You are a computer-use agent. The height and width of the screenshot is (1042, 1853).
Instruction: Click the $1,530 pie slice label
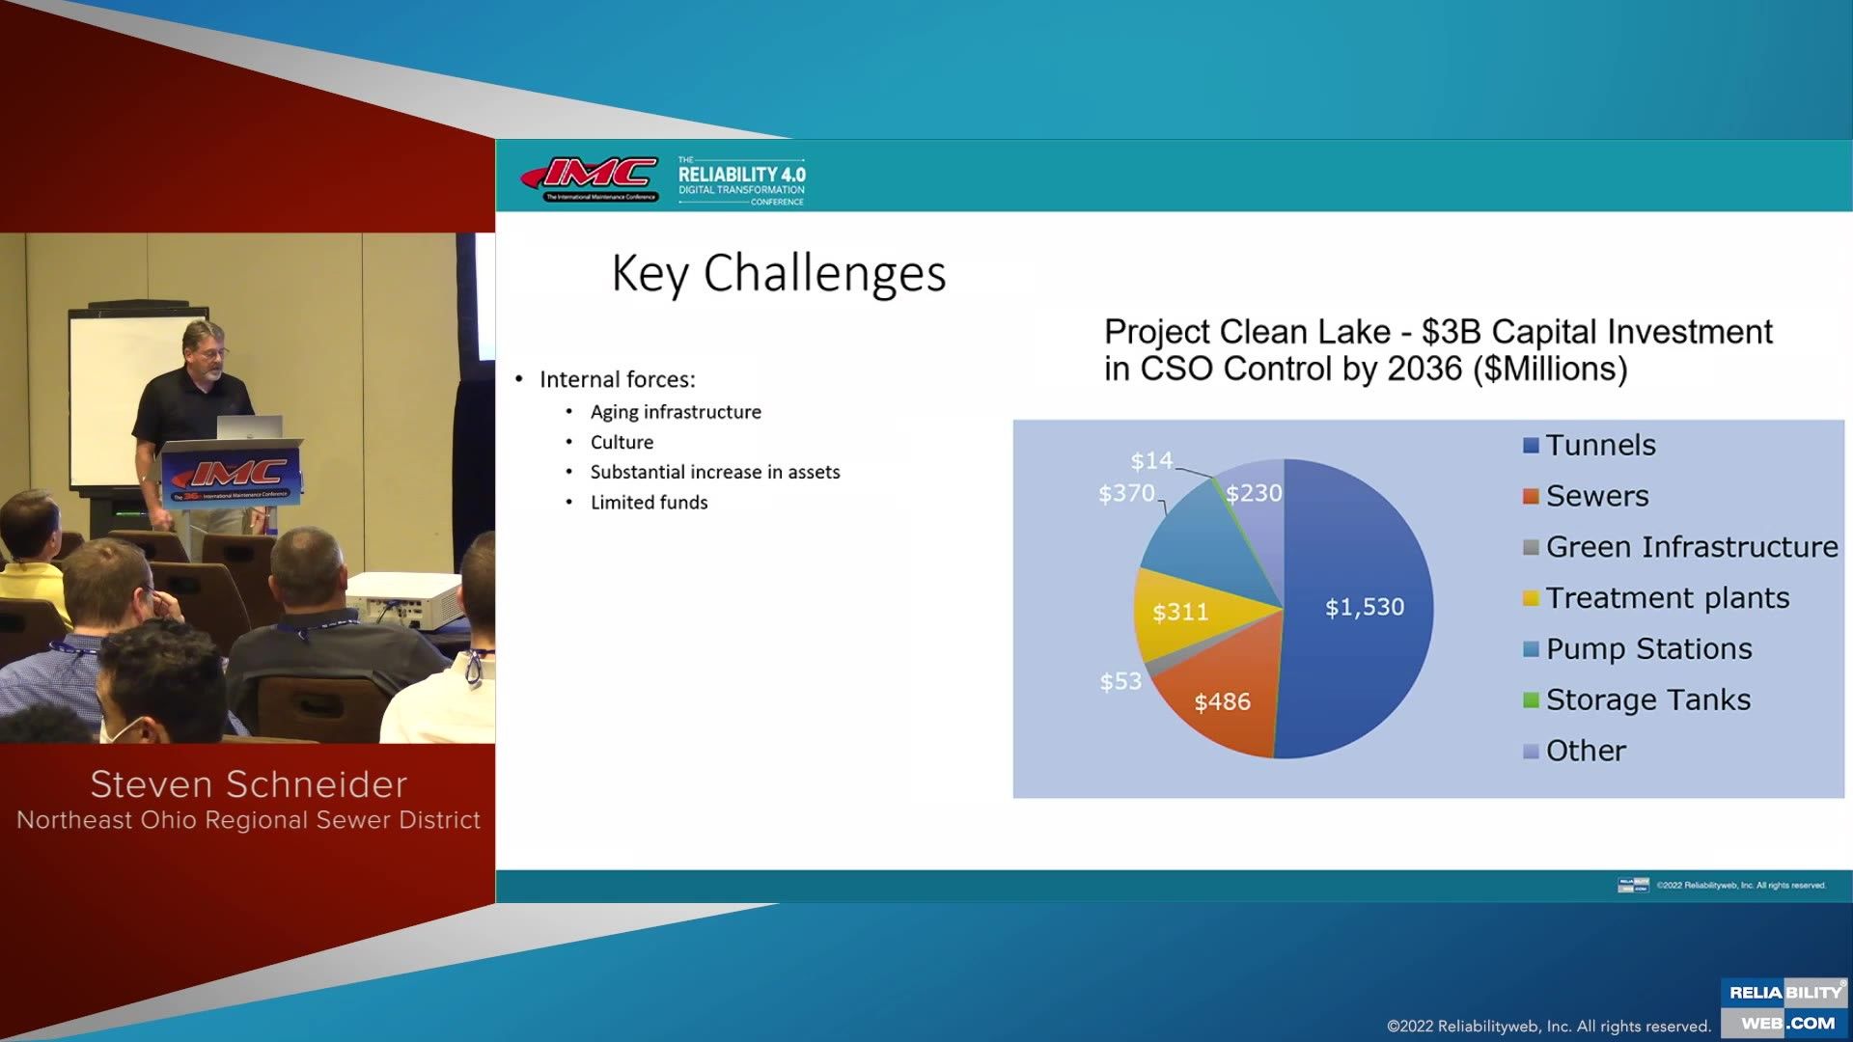tap(1364, 607)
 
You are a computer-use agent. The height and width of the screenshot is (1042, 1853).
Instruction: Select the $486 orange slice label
tap(1222, 701)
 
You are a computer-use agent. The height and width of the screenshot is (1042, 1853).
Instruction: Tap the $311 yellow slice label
tap(1179, 612)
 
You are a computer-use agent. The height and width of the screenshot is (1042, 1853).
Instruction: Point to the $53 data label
tap(1120, 681)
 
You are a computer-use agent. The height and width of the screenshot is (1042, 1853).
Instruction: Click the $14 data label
tap(1151, 460)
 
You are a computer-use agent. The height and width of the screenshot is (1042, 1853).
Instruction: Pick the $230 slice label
tap(1254, 493)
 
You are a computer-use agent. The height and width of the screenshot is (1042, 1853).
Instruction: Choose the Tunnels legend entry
tap(1600, 445)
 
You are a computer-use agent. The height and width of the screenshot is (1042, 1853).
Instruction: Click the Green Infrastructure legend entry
tap(1691, 547)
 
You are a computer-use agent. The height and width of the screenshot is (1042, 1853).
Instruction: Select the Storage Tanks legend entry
tap(1647, 699)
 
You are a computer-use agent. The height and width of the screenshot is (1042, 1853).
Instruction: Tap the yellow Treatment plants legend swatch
tap(1531, 598)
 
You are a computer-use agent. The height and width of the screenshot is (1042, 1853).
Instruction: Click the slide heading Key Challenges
tap(779, 273)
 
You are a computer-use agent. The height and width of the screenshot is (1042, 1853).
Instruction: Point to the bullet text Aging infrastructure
tap(676, 412)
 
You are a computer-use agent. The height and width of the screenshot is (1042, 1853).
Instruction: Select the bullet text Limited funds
tap(649, 503)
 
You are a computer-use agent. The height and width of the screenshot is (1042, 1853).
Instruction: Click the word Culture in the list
tap(622, 442)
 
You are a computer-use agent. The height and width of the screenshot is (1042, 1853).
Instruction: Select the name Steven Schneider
tap(248, 784)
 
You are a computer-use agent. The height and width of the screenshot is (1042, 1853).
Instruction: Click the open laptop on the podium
tap(249, 427)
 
